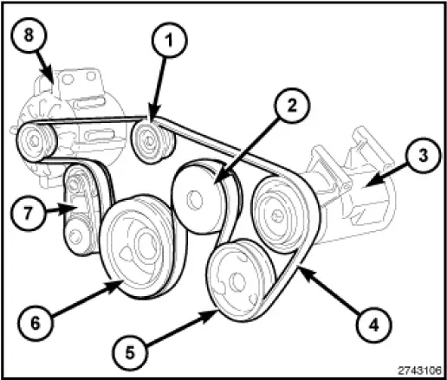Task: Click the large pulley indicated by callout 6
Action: coord(136,247)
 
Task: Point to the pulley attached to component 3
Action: coord(277,210)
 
